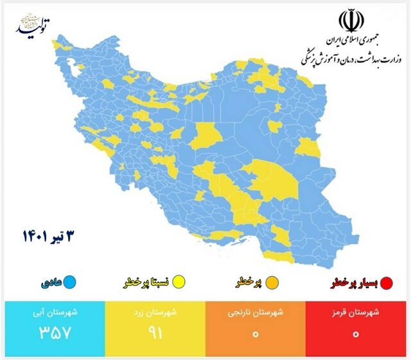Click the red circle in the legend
click(387, 282)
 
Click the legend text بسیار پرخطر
click(355, 282)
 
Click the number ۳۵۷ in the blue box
click(51, 334)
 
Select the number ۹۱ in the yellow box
click(153, 334)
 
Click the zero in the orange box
click(256, 334)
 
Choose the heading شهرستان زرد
click(153, 313)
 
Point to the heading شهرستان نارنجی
click(256, 313)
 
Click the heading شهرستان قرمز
click(357, 313)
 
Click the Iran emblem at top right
click(351, 21)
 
